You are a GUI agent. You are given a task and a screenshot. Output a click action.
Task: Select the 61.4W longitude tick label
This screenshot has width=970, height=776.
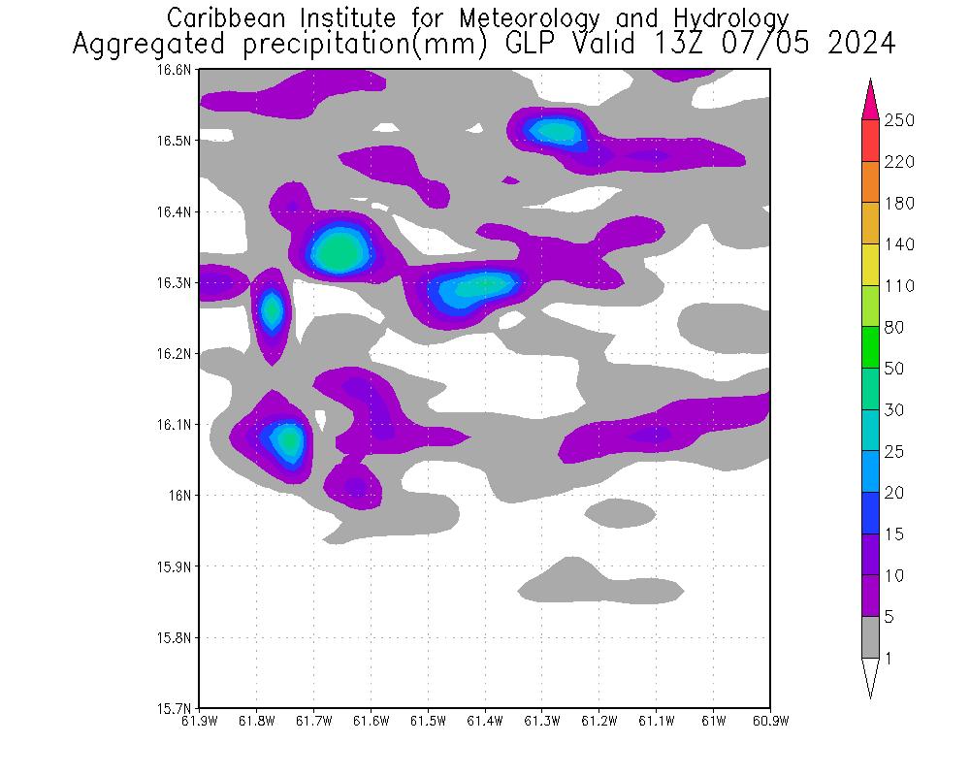(x=485, y=721)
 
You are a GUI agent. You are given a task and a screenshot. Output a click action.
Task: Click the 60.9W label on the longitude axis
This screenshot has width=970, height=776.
(x=770, y=721)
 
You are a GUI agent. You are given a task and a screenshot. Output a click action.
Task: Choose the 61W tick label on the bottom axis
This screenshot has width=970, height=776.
(x=713, y=721)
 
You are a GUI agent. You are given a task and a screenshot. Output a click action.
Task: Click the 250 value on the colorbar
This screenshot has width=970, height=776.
(x=899, y=120)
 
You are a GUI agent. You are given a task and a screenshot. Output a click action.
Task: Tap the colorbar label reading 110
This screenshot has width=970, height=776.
(x=899, y=286)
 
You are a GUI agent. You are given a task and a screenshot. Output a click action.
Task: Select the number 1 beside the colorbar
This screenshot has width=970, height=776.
(x=889, y=659)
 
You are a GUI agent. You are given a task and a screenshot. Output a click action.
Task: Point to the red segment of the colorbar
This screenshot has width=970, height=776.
(x=870, y=141)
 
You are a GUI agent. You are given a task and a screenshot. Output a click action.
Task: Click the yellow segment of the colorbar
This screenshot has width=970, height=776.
(x=870, y=265)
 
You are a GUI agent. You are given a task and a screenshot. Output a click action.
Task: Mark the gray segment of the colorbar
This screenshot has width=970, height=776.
(x=870, y=637)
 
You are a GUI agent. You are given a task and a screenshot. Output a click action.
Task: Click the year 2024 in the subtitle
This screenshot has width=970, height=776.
(x=860, y=45)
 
